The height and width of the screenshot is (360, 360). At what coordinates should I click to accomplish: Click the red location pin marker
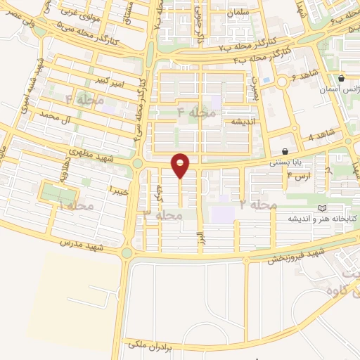[x=181, y=165]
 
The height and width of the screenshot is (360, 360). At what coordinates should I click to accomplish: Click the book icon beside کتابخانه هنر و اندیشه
[x=323, y=209]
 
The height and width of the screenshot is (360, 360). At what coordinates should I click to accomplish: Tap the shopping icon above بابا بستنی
[x=285, y=151]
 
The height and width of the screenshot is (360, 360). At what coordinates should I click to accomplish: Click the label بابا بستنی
[x=288, y=161]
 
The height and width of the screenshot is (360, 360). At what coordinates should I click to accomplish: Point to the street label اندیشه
[x=238, y=122]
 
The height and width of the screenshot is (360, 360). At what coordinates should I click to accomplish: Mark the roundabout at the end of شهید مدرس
[x=127, y=252]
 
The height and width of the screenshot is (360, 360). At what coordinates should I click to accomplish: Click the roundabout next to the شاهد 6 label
[x=282, y=82]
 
